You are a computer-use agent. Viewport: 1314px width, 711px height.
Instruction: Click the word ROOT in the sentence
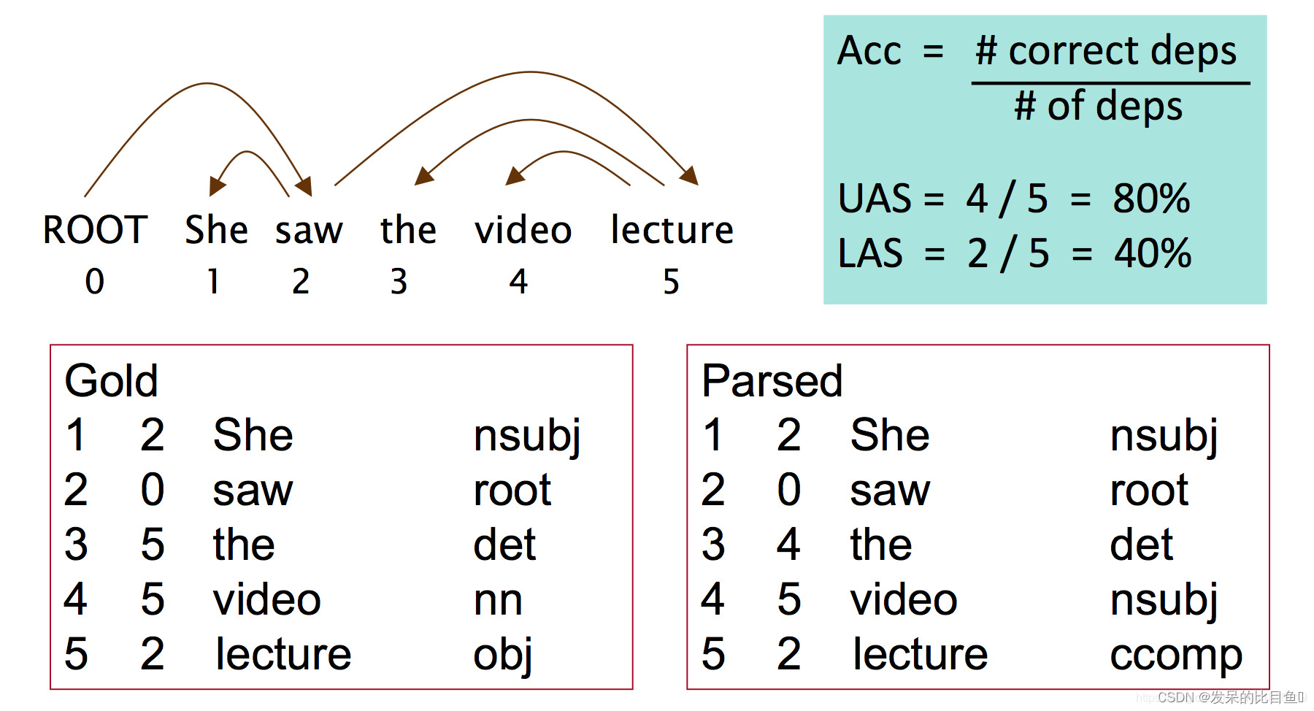(95, 230)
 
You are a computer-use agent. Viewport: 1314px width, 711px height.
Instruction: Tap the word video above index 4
(523, 230)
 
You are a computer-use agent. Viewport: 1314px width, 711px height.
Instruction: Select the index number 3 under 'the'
(398, 282)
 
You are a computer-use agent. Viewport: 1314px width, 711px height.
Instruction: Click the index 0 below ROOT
(94, 282)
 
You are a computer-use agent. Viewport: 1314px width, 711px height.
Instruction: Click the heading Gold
(111, 380)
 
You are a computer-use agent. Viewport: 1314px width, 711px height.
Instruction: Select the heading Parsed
(772, 380)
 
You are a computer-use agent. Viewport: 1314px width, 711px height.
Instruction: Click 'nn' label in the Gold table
(498, 600)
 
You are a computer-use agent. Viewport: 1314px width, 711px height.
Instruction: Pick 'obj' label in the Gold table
(502, 655)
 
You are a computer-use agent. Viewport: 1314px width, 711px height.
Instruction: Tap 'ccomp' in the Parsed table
(1175, 655)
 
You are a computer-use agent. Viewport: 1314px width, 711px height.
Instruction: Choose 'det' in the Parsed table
(1141, 545)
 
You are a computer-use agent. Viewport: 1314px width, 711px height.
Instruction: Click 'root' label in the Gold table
(512, 490)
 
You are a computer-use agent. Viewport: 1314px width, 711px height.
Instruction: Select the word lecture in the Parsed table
(920, 654)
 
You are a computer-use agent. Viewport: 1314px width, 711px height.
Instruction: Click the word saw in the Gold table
(253, 490)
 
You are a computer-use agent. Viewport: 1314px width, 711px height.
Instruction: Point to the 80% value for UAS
(1151, 199)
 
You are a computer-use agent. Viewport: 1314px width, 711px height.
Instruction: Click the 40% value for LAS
(1153, 253)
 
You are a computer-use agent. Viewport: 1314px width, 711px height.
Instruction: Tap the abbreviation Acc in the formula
(869, 51)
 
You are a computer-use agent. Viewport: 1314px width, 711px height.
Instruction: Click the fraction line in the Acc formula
(1110, 83)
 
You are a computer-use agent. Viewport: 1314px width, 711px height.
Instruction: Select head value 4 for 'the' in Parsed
(788, 545)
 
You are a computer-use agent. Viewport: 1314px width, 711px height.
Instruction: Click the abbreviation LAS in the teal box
(870, 253)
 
